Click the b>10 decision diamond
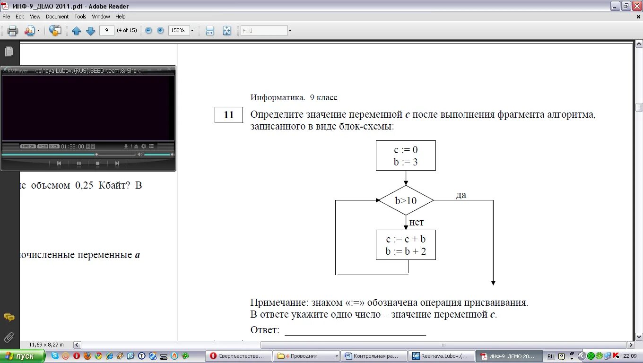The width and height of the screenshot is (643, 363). pyautogui.click(x=406, y=200)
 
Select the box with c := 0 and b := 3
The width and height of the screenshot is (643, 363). pyautogui.click(x=406, y=156)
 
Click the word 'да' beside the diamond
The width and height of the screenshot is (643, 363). pyautogui.click(x=461, y=195)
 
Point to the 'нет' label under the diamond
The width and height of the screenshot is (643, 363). pyautogui.click(x=417, y=222)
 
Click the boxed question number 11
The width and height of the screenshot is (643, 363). pyautogui.click(x=229, y=115)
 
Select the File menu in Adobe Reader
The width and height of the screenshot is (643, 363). pyautogui.click(x=6, y=17)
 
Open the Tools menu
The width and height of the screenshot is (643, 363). pyautogui.click(x=80, y=17)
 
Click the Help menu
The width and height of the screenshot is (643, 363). pyautogui.click(x=121, y=17)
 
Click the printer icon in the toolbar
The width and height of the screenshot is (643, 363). pyautogui.click(x=12, y=31)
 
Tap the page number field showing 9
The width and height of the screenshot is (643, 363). pyautogui.click(x=107, y=30)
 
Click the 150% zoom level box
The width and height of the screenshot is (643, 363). pyautogui.click(x=178, y=30)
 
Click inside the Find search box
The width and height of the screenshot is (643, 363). pyautogui.click(x=264, y=31)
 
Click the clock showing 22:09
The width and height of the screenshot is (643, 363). pyautogui.click(x=630, y=356)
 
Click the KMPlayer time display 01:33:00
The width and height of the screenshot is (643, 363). pyautogui.click(x=72, y=147)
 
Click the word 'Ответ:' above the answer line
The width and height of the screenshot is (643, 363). pyautogui.click(x=265, y=330)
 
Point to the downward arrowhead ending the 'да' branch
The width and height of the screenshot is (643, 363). pyautogui.click(x=493, y=283)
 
